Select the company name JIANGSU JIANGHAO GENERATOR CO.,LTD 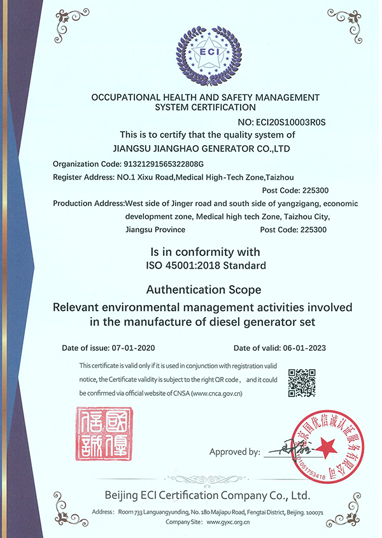click(x=202, y=148)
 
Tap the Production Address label click(x=88, y=203)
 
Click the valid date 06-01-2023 click(x=304, y=348)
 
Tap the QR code click(x=302, y=383)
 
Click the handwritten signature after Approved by click(x=285, y=453)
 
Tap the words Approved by click(x=234, y=452)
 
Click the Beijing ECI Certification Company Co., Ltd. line click(x=208, y=495)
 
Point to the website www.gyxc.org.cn click(x=225, y=521)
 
